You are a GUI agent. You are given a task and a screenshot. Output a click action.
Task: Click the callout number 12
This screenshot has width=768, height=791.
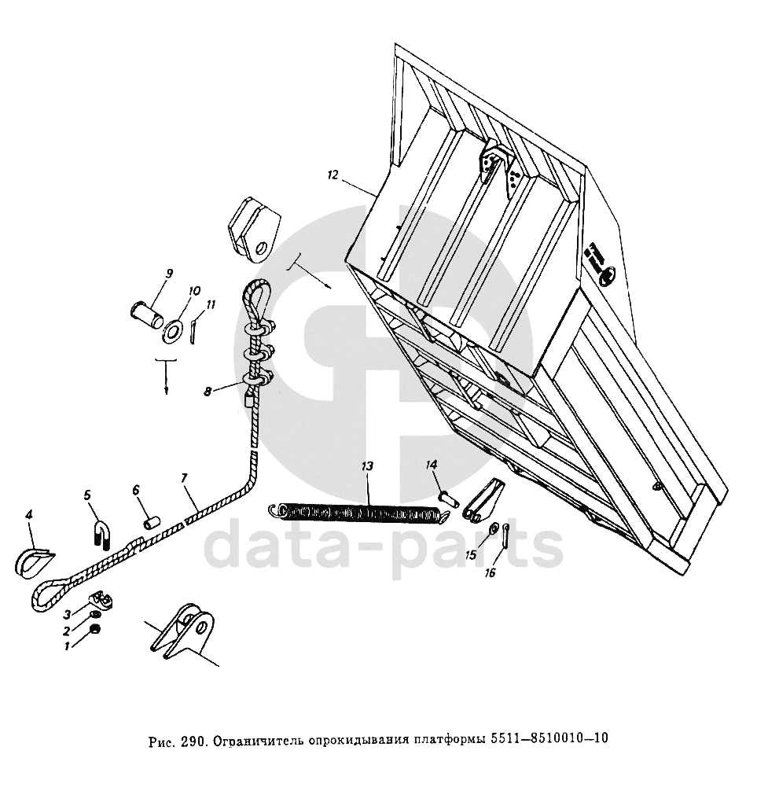(333, 175)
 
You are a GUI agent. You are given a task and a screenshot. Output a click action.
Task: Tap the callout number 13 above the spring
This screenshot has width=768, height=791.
(367, 465)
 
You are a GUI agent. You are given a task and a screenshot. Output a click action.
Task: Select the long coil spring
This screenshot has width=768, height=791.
(358, 513)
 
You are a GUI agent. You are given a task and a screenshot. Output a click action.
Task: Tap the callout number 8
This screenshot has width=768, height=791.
(208, 391)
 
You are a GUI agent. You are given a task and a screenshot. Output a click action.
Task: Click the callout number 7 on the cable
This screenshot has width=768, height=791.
(185, 477)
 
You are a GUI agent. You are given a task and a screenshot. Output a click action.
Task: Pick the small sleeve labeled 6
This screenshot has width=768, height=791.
(152, 523)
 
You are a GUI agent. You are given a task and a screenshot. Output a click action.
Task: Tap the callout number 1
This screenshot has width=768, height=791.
(67, 646)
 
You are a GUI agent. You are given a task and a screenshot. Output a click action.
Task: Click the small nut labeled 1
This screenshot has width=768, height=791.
(94, 629)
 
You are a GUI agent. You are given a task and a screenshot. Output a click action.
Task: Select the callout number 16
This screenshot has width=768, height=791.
(491, 572)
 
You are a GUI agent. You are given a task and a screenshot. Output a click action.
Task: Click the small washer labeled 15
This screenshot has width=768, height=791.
(493, 528)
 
